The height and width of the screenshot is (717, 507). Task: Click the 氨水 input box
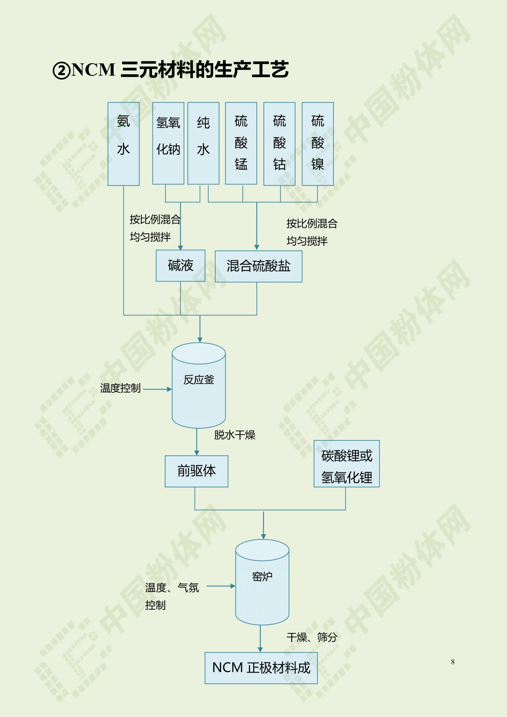point(124,144)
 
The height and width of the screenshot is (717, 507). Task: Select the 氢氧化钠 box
point(168,143)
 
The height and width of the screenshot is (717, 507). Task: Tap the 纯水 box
point(203,143)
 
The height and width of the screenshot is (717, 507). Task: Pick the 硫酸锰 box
point(241,143)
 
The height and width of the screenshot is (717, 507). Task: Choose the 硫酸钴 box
point(279,144)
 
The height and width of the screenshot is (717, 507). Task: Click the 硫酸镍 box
point(318,144)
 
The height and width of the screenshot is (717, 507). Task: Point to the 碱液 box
point(181,266)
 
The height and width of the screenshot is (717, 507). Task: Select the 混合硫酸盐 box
point(259,266)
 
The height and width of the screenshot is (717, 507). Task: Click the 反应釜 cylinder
point(199,385)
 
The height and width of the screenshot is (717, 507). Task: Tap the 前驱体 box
point(196,471)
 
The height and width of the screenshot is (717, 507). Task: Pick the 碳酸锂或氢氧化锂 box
point(347,464)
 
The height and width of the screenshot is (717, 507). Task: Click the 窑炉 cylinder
point(262,582)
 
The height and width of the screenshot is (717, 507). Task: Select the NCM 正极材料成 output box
point(261,668)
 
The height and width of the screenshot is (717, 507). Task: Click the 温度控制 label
point(120,388)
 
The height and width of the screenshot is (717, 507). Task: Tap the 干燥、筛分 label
point(312,637)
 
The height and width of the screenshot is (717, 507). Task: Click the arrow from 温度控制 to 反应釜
point(157,389)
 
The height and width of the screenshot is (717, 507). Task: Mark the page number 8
point(453,662)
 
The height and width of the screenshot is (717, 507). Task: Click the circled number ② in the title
point(61,71)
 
